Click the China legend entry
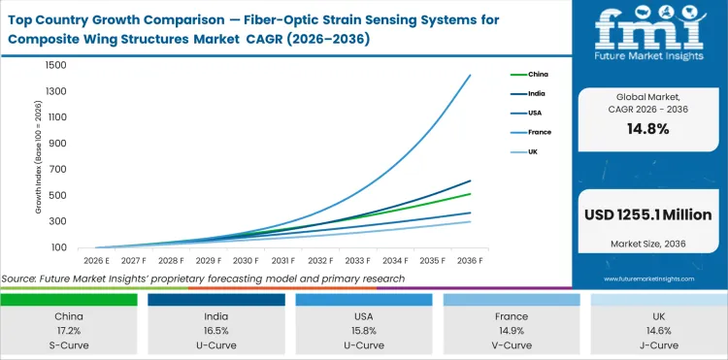537,73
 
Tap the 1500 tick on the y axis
53,65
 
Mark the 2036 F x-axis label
471,260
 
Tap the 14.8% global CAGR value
647,130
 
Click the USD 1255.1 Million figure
647,214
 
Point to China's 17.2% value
68,330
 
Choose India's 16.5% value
216,330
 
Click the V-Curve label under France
511,344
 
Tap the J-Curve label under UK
658,344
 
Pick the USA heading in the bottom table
364,316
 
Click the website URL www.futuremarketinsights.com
647,278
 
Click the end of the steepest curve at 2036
471,75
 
